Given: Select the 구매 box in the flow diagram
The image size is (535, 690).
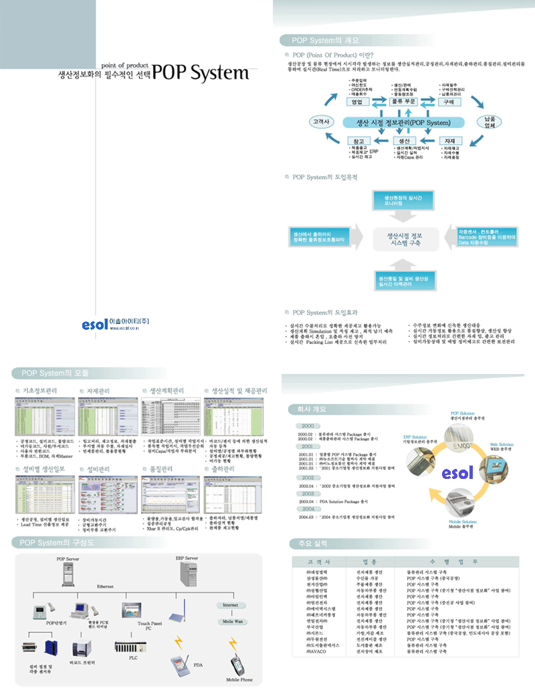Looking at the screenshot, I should (447, 102).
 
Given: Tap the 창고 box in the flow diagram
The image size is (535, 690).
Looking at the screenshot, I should (358, 141).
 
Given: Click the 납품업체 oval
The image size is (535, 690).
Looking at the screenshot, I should (490, 122).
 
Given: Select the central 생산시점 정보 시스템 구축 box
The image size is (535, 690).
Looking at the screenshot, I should (404, 238).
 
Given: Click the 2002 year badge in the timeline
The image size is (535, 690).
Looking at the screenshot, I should (308, 478).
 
